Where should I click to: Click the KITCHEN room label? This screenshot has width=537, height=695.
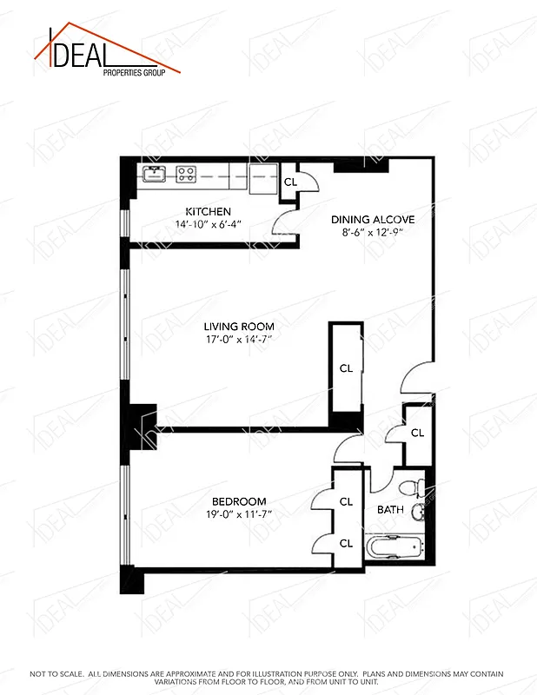coord(209,212)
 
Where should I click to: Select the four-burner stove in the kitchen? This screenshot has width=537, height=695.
coord(185,174)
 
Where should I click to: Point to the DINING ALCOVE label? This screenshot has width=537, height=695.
coord(373,220)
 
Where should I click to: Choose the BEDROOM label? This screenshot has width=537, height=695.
coord(238,501)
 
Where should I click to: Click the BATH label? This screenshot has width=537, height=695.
coord(390,510)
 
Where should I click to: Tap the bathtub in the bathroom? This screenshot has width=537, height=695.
coord(393,549)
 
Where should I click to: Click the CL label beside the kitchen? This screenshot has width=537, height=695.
coord(290,182)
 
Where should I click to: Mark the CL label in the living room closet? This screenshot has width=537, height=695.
coord(346,368)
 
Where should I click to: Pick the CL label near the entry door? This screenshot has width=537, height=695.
coord(417,433)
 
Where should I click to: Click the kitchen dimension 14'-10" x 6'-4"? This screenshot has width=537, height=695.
coord(209,224)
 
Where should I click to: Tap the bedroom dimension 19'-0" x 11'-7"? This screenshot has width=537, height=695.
coord(238,513)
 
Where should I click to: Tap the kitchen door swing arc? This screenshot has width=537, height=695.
coord(284,225)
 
